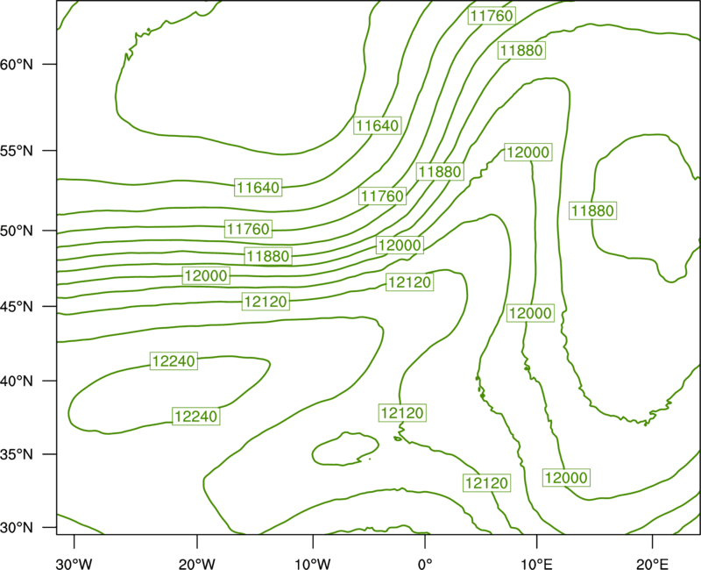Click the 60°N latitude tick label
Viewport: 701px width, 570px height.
click(x=17, y=64)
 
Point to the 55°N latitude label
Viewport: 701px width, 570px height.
click(x=17, y=151)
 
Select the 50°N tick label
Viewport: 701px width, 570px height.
click(x=17, y=231)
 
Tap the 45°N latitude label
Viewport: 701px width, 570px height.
click(x=17, y=306)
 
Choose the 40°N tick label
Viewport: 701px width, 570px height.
click(x=17, y=381)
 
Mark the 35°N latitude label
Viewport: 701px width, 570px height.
click(x=17, y=454)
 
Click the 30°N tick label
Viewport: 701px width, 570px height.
click(x=17, y=528)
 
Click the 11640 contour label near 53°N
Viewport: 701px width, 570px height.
click(x=258, y=188)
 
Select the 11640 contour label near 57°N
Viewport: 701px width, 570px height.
click(x=378, y=125)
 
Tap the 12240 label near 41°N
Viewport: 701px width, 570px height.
click(x=173, y=361)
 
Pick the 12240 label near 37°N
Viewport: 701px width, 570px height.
click(x=196, y=417)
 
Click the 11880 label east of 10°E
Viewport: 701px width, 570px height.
click(x=593, y=210)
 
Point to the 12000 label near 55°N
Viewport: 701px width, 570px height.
click(x=528, y=153)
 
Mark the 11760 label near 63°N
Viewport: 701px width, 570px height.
click(x=492, y=16)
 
